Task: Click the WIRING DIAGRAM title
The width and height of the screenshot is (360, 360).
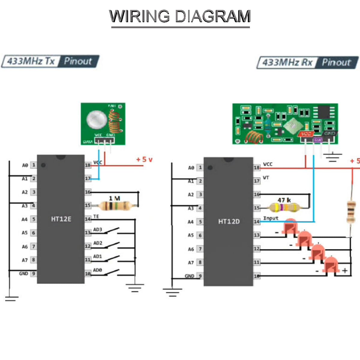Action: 180,16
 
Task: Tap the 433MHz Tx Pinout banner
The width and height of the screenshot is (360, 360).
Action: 50,61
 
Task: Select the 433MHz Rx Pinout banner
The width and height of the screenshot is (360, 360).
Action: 307,62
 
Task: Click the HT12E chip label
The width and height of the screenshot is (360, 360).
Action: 61,219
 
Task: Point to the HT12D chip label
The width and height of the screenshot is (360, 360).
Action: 229,221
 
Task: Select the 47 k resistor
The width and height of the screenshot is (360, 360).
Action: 284,207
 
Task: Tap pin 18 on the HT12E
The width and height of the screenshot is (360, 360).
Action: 88,165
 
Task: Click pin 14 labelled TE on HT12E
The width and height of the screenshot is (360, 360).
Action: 88,219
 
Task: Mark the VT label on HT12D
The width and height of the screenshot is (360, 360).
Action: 266,178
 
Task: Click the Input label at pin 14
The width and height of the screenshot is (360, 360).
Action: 271,218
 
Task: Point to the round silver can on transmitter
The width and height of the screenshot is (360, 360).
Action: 97,119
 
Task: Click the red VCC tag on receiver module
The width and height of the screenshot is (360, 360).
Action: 306,134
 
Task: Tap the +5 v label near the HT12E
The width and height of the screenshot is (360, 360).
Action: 144,159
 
